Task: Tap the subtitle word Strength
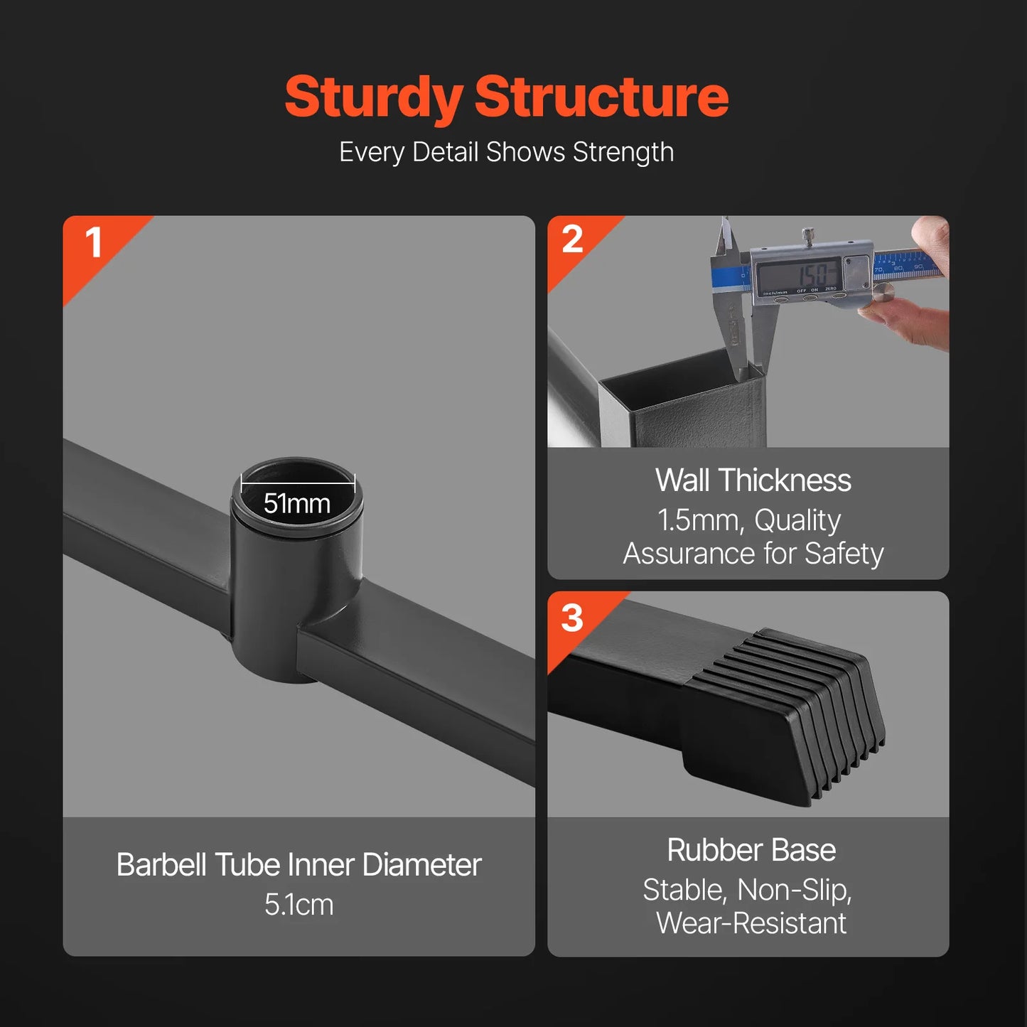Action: [623, 153]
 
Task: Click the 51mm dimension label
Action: [297, 504]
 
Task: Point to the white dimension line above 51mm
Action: [298, 484]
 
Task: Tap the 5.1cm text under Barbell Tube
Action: [299, 905]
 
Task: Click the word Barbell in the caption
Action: [161, 864]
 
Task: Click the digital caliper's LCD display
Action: [799, 275]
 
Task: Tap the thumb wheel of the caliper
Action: [883, 293]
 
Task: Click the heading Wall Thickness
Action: [753, 480]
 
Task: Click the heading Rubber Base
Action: [751, 849]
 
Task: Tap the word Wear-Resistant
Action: [751, 923]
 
